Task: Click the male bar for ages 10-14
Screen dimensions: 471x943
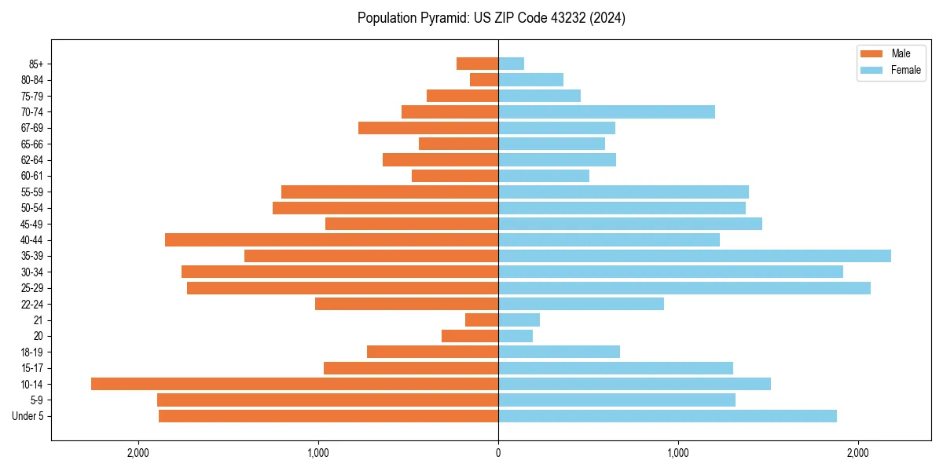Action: click(295, 384)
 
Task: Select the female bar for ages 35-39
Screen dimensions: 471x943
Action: click(695, 256)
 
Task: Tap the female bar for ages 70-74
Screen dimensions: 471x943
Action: click(607, 112)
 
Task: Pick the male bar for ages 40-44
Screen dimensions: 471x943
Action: click(332, 239)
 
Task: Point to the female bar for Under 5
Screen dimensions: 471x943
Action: click(667, 416)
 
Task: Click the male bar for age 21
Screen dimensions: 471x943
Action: click(482, 319)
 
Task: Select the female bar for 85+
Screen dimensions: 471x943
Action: click(511, 64)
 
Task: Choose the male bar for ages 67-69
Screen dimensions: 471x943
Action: click(428, 128)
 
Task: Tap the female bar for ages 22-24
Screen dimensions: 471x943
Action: click(581, 304)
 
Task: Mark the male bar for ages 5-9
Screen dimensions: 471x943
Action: click(328, 400)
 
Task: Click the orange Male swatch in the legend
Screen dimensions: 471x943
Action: click(872, 53)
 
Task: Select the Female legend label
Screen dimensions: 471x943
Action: click(905, 70)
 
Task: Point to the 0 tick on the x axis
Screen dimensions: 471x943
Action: click(498, 453)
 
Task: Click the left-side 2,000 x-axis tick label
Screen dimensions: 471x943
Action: click(138, 453)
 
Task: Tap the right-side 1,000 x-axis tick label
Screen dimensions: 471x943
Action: click(678, 453)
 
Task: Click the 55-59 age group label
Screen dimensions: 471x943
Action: click(32, 192)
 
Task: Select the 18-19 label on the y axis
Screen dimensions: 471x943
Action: click(32, 352)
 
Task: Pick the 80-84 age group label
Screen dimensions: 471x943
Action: click(32, 80)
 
